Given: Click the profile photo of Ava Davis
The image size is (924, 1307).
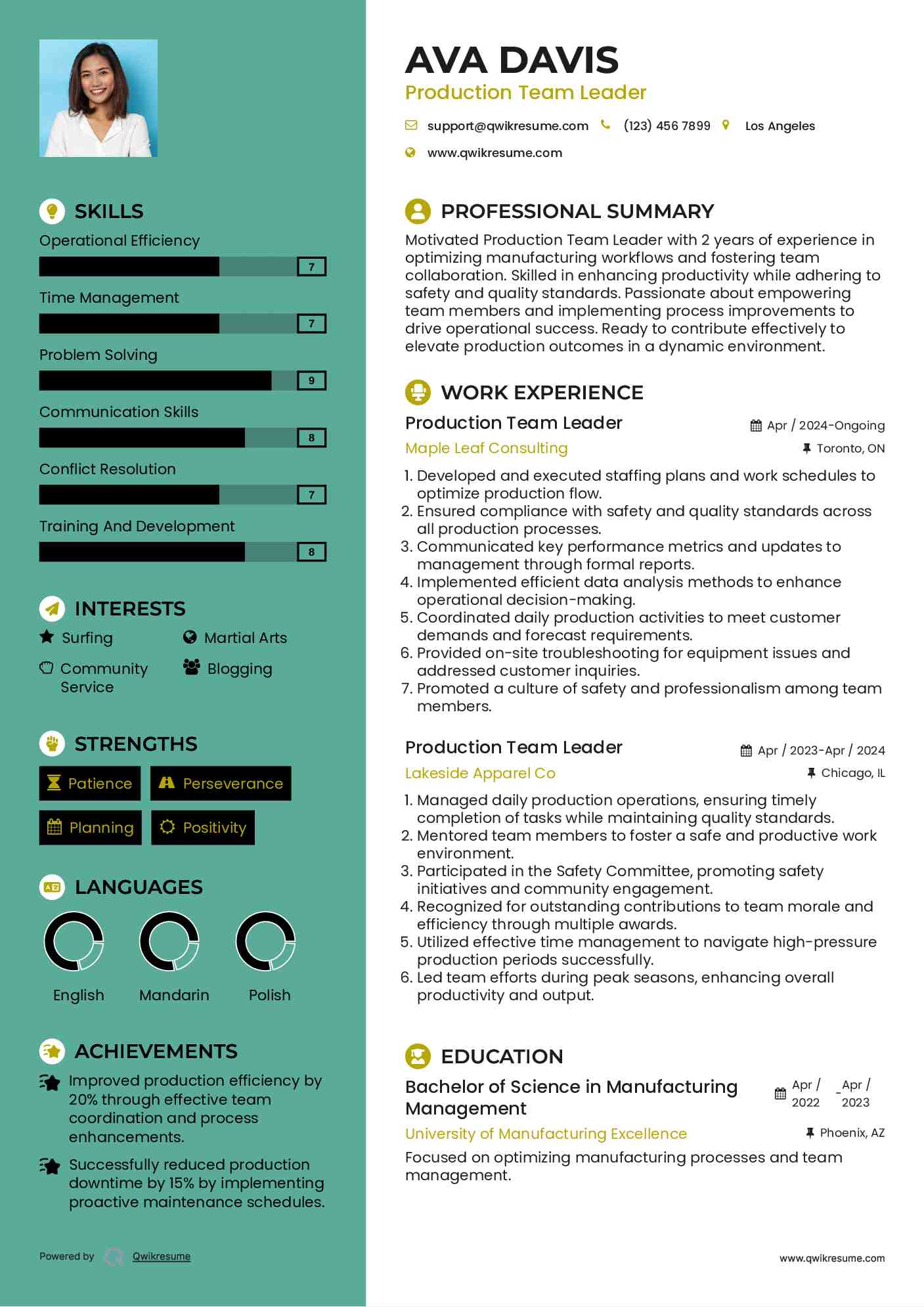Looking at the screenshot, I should coord(99,99).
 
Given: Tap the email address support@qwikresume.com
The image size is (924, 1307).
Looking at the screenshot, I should coord(507,126).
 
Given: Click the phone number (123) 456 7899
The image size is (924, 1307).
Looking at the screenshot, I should coord(667,126).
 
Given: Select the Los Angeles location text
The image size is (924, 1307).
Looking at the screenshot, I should coord(780,126).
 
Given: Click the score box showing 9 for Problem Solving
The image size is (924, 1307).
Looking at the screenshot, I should coord(311,381).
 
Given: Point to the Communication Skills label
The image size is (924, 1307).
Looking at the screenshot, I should coord(119,412).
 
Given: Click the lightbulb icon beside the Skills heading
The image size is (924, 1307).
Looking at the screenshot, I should coord(52,211).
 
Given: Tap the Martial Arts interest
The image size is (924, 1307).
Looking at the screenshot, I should coord(245,638).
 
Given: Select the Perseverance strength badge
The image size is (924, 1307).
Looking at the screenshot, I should coord(221,784).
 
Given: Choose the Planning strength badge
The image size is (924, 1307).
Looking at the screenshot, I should coord(91,828).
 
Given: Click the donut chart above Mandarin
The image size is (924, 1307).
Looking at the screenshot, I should coord(169,941).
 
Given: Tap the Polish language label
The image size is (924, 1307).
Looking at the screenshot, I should coord(269,995).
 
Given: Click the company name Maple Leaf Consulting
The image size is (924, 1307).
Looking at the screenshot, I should coord(486,448).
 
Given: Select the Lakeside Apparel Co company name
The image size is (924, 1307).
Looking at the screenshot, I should coord(480,773).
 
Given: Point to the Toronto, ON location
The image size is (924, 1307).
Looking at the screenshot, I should coord(850,449).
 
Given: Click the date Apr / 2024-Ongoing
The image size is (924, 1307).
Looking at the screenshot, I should coord(825,426).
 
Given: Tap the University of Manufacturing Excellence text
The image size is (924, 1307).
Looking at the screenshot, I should coord(546,1134).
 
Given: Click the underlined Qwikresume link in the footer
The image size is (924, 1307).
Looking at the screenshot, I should coord(162,1256).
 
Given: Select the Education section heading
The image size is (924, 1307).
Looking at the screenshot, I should coord(502,1056).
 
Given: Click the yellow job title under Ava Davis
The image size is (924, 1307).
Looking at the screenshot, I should coord(525,93).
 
